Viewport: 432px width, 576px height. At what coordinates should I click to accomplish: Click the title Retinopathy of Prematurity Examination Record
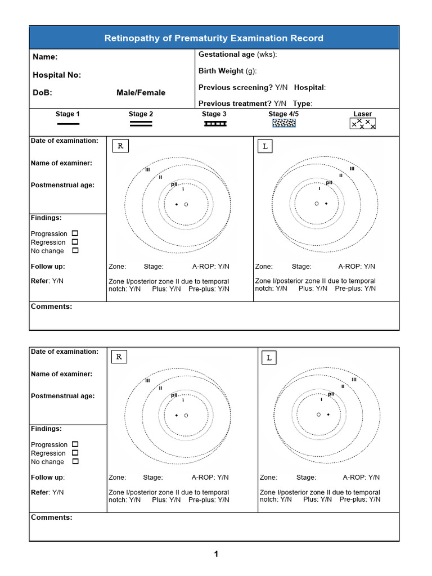pyautogui.click(x=214, y=38)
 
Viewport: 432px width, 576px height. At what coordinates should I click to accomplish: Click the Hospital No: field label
pyautogui.click(x=57, y=75)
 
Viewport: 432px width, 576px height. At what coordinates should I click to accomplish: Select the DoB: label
pyautogui.click(x=42, y=93)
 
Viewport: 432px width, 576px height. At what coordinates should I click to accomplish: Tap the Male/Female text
pyautogui.click(x=141, y=93)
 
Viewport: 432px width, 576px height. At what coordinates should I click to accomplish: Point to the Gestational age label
pyautogui.click(x=227, y=55)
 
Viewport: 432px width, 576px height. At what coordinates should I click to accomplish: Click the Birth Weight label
pyautogui.click(x=221, y=71)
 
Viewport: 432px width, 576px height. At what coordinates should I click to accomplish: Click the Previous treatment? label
pyautogui.click(x=235, y=103)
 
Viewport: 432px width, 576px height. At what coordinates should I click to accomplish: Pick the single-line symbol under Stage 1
pyautogui.click(x=67, y=124)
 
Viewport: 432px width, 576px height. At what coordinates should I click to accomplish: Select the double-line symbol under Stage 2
pyautogui.click(x=141, y=124)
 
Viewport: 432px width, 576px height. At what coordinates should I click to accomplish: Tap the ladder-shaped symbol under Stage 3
pyautogui.click(x=215, y=123)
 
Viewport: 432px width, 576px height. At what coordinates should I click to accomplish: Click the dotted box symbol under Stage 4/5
pyautogui.click(x=283, y=123)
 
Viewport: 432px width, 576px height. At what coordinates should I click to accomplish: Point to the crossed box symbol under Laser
pyautogui.click(x=362, y=124)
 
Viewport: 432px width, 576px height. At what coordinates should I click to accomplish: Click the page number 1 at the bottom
pyautogui.click(x=215, y=554)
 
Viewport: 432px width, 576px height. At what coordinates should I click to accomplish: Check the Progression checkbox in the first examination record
pyautogui.click(x=75, y=233)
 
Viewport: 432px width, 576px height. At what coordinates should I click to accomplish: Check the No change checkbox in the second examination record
pyautogui.click(x=75, y=461)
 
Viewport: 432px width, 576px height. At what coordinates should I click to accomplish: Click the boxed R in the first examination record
pyautogui.click(x=120, y=146)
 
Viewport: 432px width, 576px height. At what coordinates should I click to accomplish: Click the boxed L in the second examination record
pyautogui.click(x=269, y=358)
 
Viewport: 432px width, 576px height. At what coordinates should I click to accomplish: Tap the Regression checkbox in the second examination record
pyautogui.click(x=75, y=453)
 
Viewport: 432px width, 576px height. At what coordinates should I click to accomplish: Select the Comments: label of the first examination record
pyautogui.click(x=51, y=307)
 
